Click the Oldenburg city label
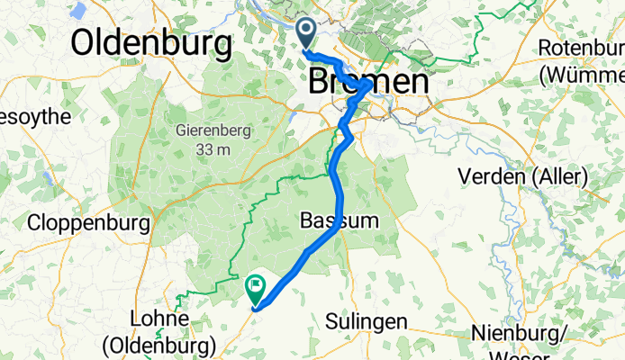(151, 41)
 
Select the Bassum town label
(332, 220)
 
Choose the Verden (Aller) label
(523, 176)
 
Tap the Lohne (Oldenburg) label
(160, 331)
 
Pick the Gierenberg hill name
(213, 130)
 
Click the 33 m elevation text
(214, 149)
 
